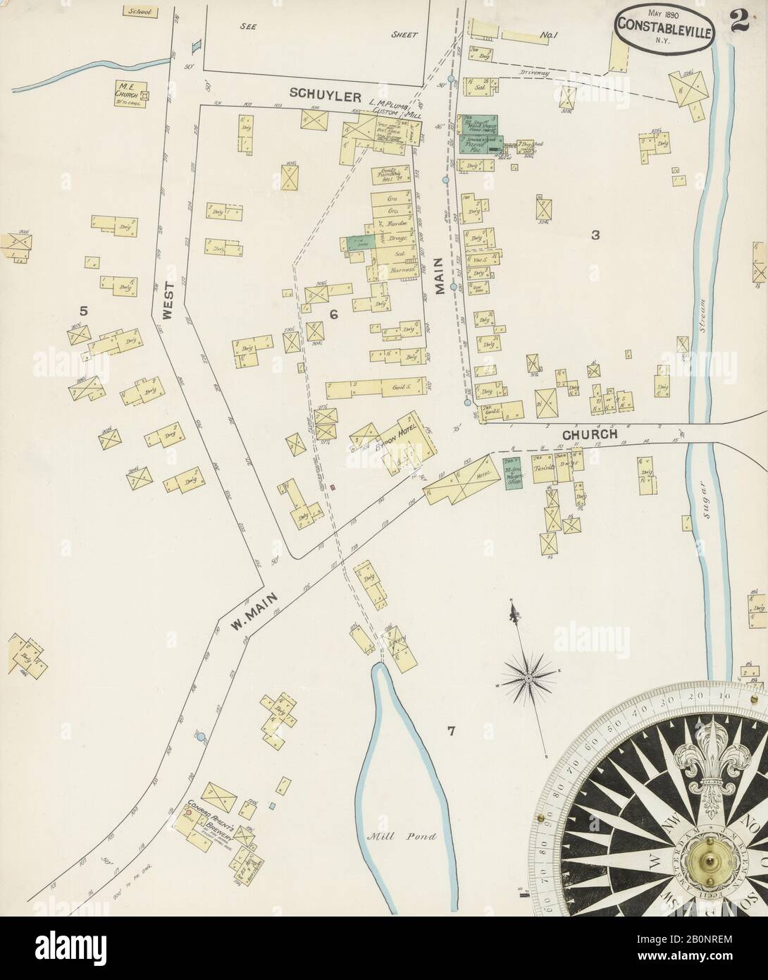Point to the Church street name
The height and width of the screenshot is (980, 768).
tap(590, 434)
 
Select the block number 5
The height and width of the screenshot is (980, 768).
tap(83, 310)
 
